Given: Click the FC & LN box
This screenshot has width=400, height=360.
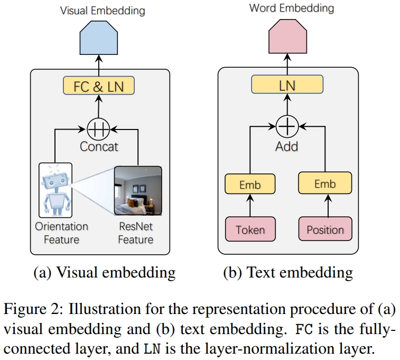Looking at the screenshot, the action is [x=99, y=86].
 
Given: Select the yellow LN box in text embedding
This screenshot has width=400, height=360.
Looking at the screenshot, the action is [x=287, y=84].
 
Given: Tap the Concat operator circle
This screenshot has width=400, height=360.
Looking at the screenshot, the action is [x=98, y=130].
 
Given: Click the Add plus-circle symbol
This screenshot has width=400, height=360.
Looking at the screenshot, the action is [x=287, y=126].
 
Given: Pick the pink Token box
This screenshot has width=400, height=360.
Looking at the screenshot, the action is [x=250, y=229].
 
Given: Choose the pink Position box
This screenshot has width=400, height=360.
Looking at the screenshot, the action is [x=325, y=229].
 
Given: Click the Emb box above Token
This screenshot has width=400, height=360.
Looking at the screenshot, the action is [x=250, y=184].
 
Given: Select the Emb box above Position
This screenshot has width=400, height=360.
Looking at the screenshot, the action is [x=325, y=183].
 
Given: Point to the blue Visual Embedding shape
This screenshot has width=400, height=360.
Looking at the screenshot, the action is [x=99, y=38].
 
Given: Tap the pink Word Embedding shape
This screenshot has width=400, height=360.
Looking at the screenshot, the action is [x=287, y=36].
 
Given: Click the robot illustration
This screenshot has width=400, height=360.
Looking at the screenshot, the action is [x=55, y=190].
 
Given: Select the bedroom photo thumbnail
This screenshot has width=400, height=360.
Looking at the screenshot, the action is [x=138, y=191].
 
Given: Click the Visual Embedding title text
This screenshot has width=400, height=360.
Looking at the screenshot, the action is [x=103, y=11].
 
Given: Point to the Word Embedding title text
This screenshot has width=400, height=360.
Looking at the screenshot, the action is [x=292, y=8].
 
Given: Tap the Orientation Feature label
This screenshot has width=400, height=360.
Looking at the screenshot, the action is [x=61, y=233].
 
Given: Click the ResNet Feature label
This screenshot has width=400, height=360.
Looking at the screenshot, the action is [x=136, y=233].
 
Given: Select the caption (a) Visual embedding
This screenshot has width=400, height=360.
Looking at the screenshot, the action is [x=105, y=272].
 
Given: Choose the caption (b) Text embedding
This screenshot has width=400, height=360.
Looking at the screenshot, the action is [x=288, y=272].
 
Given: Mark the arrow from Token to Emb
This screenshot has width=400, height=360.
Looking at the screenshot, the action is [x=250, y=206].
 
